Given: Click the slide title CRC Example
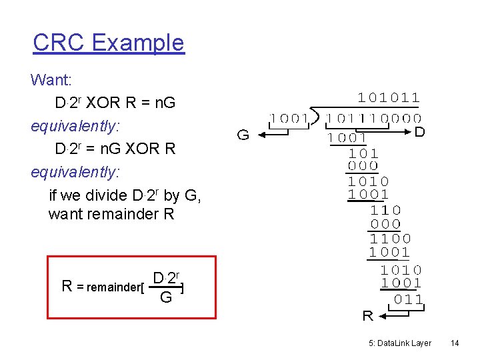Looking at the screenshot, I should pos(108,43).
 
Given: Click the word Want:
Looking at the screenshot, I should pos(51,80).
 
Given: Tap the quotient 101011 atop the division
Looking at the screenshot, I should pos(389,98).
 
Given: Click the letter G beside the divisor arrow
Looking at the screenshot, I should pos(244,135).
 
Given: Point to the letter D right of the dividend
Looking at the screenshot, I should pos(419,132).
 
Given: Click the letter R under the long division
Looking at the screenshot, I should pos(367,316).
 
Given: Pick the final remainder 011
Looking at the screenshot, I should pos(408,299).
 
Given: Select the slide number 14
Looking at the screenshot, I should pos(455,343).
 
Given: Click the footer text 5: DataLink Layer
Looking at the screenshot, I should pos(399,343).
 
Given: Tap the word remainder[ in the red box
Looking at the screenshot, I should pos(111,287).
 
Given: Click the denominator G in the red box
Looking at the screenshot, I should pos(166,297).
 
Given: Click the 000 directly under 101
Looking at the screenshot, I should pos(363,166).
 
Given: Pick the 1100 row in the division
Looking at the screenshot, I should pos(390,238).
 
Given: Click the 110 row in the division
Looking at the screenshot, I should pos(386,209).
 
